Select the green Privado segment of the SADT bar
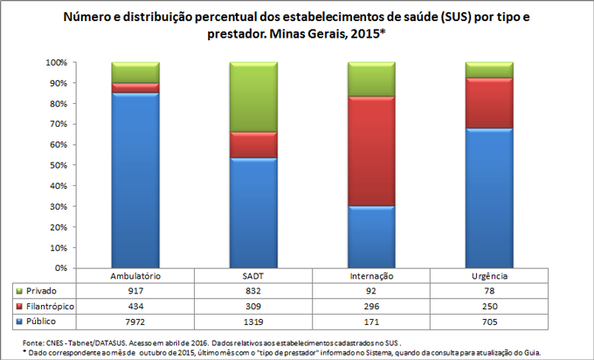click(x=253, y=97)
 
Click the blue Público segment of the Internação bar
click(x=371, y=237)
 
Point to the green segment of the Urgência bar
click(x=489, y=70)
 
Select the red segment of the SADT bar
click(x=253, y=145)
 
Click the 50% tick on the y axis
click(x=57, y=165)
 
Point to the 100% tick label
click(x=55, y=63)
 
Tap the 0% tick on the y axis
click(x=59, y=268)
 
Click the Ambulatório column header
click(x=135, y=276)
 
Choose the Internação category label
click(x=371, y=276)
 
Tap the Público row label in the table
click(x=38, y=322)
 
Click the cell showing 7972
click(x=135, y=322)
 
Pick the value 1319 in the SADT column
click(x=253, y=322)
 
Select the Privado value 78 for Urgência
click(x=489, y=291)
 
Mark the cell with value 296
click(x=371, y=307)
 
